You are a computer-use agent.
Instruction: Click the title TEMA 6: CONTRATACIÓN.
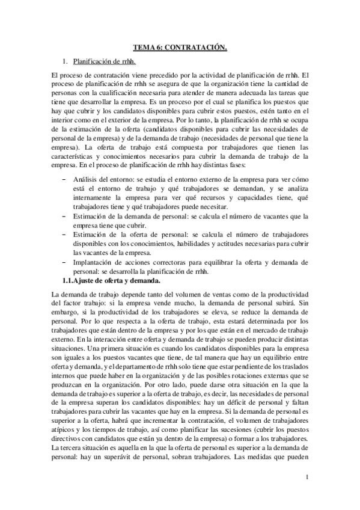click(x=180, y=45)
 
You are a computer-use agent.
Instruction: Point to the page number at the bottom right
click(x=307, y=478)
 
